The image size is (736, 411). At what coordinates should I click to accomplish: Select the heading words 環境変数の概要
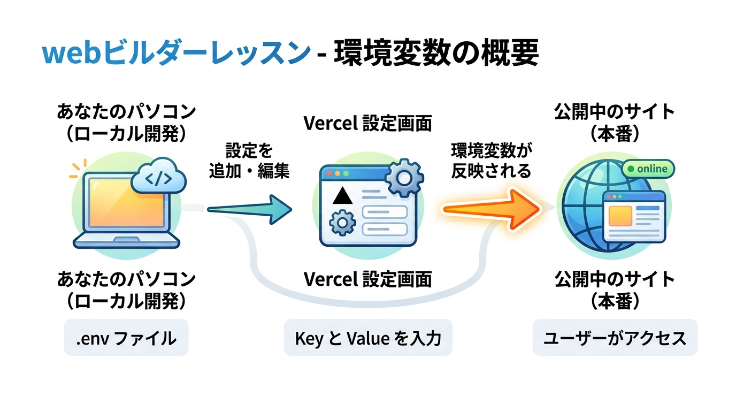[436, 54]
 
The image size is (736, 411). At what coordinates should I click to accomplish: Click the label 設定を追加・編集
[249, 161]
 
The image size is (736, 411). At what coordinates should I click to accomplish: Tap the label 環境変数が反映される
[491, 161]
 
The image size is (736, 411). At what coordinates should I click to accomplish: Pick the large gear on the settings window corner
[404, 177]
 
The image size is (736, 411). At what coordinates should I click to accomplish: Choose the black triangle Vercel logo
[343, 196]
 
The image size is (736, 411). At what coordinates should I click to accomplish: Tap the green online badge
[648, 169]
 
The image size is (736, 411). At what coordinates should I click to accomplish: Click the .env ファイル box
[126, 338]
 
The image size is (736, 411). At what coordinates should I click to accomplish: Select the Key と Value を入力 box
[368, 338]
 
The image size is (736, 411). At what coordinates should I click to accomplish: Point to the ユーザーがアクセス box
[615, 338]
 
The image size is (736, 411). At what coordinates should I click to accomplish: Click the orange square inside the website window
[620, 216]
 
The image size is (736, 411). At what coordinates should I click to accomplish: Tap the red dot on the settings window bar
[328, 174]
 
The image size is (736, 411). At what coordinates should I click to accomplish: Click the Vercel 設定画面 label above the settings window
[368, 124]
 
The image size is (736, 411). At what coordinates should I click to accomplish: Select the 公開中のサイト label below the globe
[615, 279]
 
